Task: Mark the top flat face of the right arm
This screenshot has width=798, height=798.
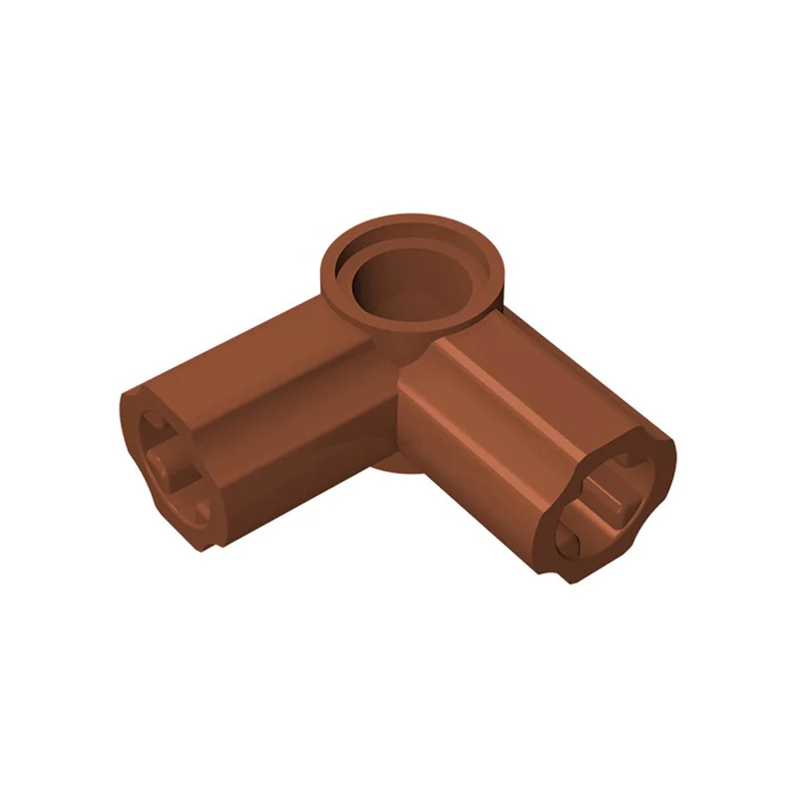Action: [x=539, y=379]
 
